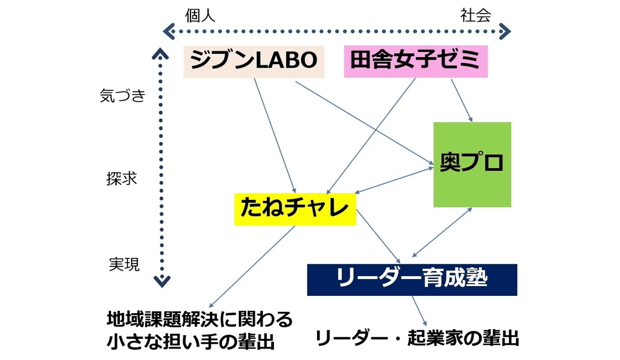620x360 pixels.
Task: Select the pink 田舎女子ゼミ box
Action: click(x=415, y=61)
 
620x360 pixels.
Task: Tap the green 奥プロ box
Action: click(x=472, y=164)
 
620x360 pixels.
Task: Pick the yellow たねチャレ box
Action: click(x=295, y=209)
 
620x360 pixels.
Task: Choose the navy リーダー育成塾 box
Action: click(x=412, y=279)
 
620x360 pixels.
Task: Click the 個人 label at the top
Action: click(x=200, y=16)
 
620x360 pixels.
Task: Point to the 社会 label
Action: click(x=475, y=16)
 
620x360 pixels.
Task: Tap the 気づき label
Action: click(x=123, y=96)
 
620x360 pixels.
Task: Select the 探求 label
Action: click(x=122, y=179)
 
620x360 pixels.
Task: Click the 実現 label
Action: click(x=124, y=264)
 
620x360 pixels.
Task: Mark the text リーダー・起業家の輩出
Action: click(x=417, y=338)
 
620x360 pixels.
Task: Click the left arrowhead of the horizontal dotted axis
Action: click(x=169, y=32)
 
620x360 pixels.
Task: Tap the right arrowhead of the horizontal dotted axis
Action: click(x=505, y=32)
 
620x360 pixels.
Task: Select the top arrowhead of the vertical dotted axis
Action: click(x=161, y=54)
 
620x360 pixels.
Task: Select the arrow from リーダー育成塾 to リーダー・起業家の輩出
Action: click(x=419, y=310)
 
